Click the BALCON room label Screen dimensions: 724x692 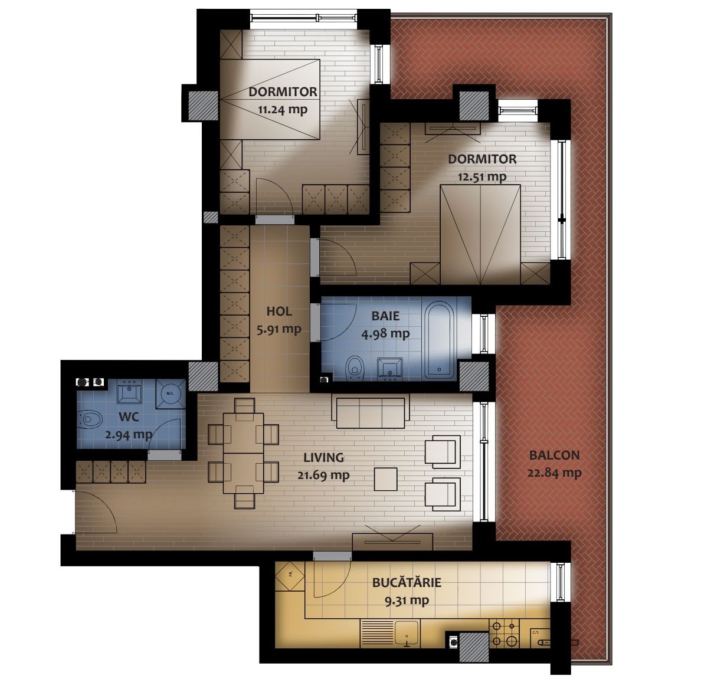[554, 455]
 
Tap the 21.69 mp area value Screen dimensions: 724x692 [323, 475]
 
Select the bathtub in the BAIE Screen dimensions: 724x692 [440, 338]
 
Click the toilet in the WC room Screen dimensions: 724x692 [90, 419]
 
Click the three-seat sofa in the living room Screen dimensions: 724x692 [370, 412]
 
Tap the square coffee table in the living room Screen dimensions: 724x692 [385, 479]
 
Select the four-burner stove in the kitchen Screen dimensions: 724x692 [505, 634]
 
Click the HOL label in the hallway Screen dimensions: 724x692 [279, 311]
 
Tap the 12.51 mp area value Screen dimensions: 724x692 [482, 177]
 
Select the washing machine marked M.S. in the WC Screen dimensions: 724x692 [170, 394]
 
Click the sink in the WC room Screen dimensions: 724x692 [129, 392]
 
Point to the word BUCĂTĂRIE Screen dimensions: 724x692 [407, 582]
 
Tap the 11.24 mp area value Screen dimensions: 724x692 [283, 110]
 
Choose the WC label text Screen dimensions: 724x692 [129, 416]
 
